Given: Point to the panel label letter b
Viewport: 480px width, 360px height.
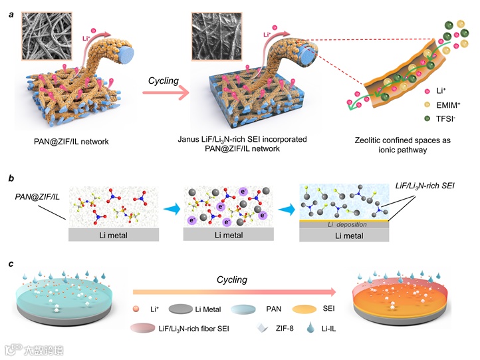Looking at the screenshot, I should [x=12, y=178].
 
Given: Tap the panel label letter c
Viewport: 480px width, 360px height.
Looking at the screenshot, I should [x=12, y=264].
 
